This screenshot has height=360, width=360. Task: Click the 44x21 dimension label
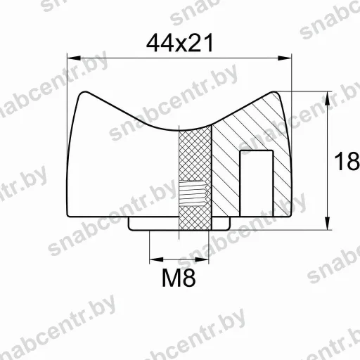[x=180, y=43]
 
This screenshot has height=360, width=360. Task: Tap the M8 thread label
[x=179, y=278]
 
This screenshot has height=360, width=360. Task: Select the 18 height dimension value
[x=347, y=162]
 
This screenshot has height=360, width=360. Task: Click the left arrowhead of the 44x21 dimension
[x=74, y=58]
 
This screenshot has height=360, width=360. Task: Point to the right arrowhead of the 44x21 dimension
[x=285, y=58]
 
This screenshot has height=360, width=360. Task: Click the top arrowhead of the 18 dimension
[x=328, y=98]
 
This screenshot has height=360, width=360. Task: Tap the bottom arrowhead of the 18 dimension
[x=328, y=223]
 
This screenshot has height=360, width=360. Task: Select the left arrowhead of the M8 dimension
[x=156, y=259]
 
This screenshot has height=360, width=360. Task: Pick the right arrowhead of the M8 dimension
[x=202, y=259]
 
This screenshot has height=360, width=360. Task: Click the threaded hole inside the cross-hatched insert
[x=193, y=193]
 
